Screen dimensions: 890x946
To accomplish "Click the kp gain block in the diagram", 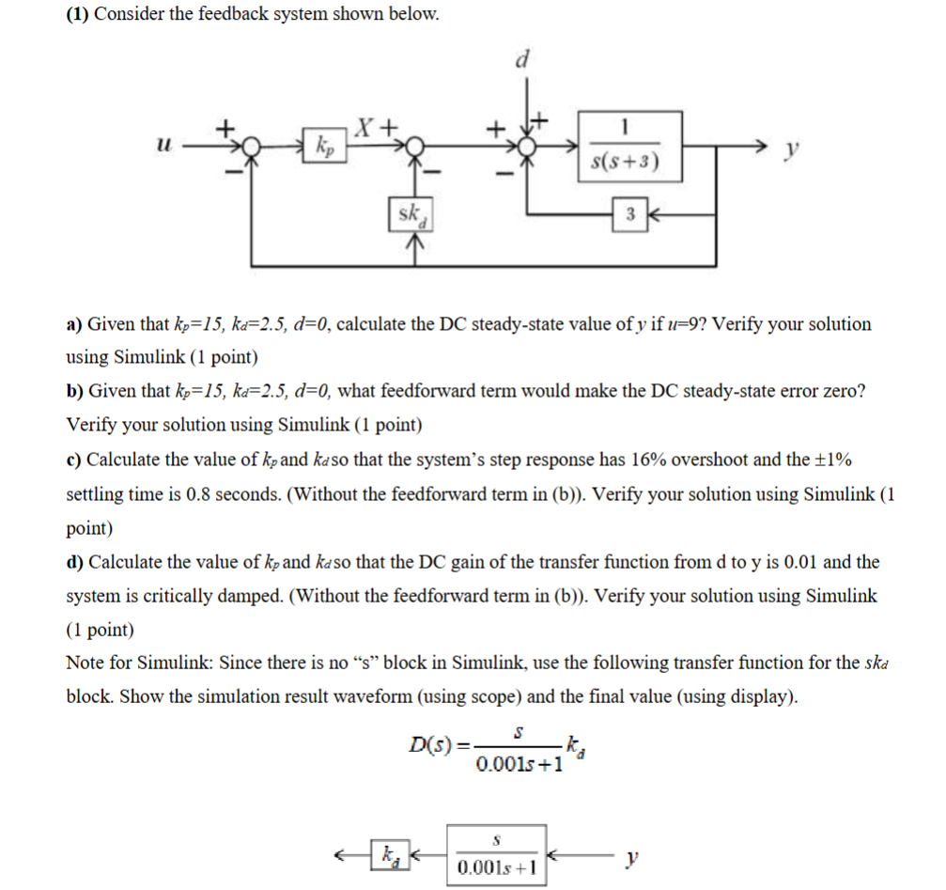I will (324, 148).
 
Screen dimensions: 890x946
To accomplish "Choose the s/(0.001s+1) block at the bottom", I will (498, 854).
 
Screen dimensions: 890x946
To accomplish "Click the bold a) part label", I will (74, 324).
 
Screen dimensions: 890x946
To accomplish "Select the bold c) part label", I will (74, 460).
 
